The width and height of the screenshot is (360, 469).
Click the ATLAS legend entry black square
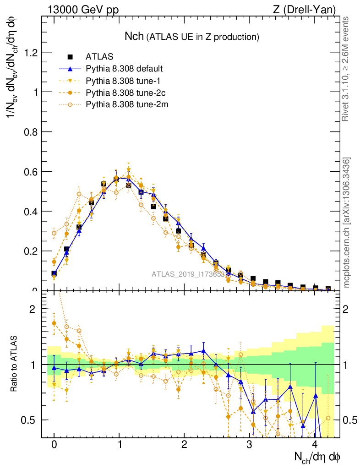tap(71, 57)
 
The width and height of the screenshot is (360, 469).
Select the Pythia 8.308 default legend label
tap(125, 69)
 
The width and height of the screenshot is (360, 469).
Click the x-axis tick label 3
tap(250, 445)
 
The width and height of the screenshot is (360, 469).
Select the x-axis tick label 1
tap(120, 445)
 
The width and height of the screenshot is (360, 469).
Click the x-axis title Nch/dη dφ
tap(317, 457)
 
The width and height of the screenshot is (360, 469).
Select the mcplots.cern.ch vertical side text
tap(347, 222)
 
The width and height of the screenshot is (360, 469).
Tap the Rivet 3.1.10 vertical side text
tap(347, 69)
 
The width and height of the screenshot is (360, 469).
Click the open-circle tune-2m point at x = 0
tap(54, 233)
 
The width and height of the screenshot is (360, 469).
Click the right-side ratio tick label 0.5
tap(351, 420)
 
